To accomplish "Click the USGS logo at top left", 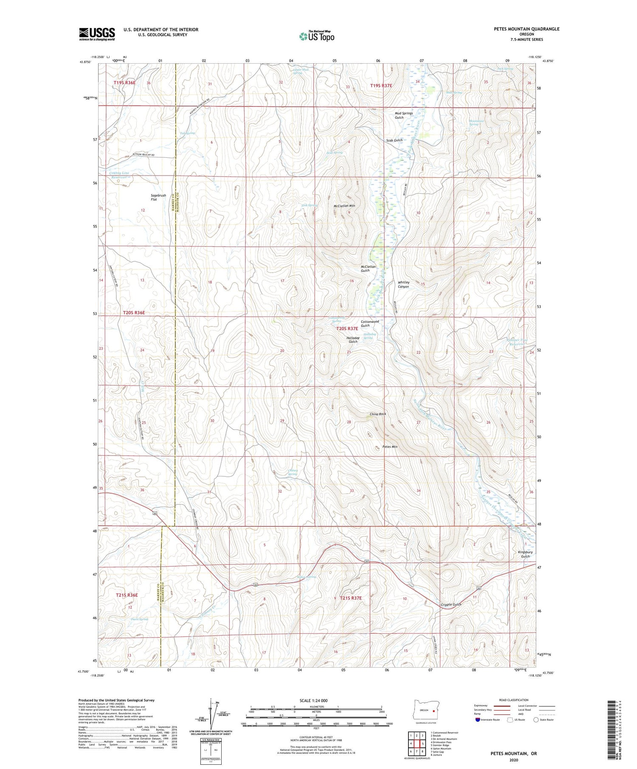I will tap(97, 34).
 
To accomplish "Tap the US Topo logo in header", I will tap(317, 36).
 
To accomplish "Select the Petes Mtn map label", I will tap(389, 447).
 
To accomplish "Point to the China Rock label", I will tap(378, 414).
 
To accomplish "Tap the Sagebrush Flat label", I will tap(158, 197).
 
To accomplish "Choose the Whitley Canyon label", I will tap(403, 284).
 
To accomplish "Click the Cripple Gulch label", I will tap(451, 604).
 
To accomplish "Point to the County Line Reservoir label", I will tap(119, 175).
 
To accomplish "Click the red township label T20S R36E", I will tap(134, 313).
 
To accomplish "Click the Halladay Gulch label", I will tap(353, 340).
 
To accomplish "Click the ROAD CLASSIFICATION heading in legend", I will tap(513, 700).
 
